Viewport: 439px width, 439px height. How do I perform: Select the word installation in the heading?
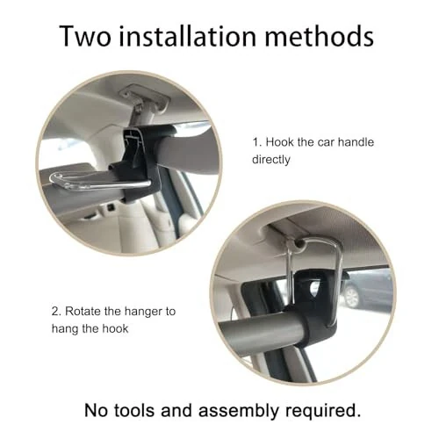click(x=189, y=37)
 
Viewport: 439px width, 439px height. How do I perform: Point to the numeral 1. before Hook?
click(x=256, y=142)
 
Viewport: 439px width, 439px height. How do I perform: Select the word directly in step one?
click(x=273, y=160)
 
